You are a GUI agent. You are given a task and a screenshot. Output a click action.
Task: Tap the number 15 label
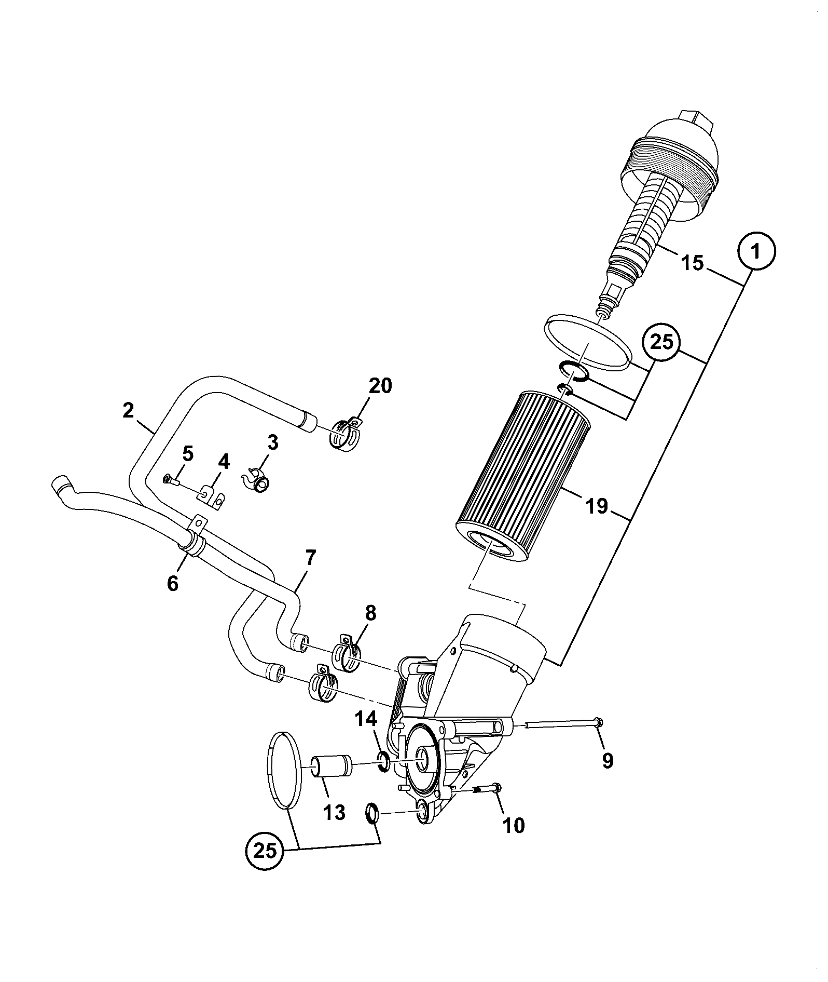693,263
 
